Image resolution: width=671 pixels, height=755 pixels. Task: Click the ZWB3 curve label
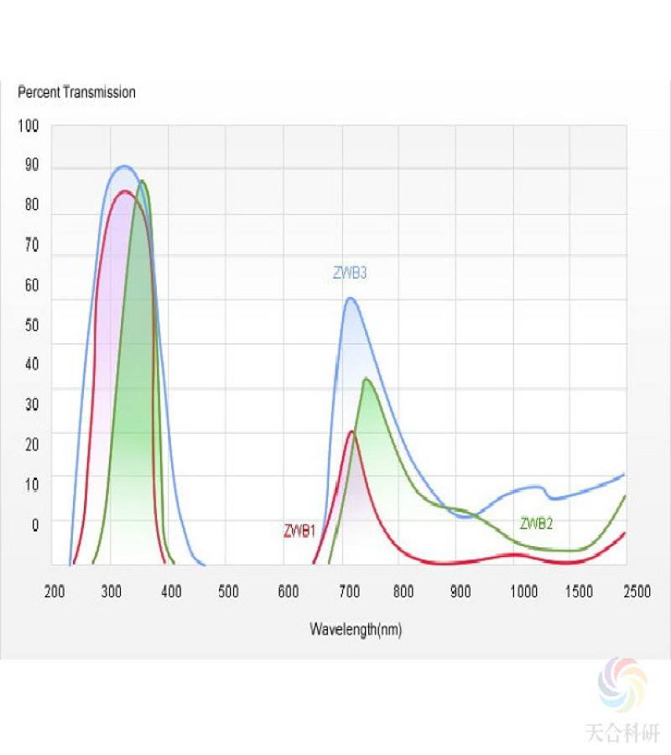coord(351,273)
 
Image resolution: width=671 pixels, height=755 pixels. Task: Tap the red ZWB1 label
coord(299,531)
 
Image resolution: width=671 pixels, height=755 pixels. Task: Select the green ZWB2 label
coord(537,524)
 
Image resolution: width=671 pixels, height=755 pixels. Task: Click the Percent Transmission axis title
coord(76,92)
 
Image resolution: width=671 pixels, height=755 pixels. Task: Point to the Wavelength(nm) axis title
coord(356,629)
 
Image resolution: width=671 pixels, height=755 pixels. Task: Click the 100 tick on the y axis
coord(29,126)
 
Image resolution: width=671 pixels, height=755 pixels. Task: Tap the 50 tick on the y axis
coord(31,325)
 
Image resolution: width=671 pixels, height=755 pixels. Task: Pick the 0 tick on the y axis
coord(34,525)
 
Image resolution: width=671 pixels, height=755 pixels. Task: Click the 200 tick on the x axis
coord(55,592)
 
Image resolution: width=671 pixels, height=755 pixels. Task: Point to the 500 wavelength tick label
coord(228,592)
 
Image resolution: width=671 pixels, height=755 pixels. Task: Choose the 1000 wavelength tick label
coord(523,592)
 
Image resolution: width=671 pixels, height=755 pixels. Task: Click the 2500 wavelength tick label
coord(637,592)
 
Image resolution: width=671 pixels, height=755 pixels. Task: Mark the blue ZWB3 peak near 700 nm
coord(351,299)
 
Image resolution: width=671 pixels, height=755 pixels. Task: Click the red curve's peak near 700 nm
coord(351,431)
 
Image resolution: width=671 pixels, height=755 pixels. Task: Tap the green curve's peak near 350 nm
coord(143,181)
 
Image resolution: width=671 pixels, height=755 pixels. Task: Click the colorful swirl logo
coord(622,684)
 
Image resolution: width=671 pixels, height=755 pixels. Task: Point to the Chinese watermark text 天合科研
coord(622,733)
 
